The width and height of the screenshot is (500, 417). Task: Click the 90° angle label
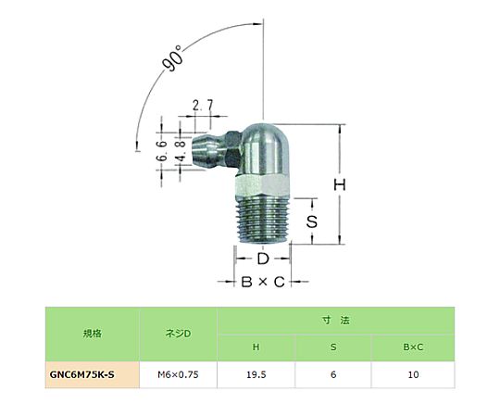173,58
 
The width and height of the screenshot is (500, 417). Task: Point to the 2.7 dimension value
203,106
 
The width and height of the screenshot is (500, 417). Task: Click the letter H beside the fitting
340,184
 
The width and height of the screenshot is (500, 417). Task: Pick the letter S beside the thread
311,221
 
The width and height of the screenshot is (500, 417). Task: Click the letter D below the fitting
263,259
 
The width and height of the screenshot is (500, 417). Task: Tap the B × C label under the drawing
263,282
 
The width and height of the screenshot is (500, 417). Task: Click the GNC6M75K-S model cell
82,374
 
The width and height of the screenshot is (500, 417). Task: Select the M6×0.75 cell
178,374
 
